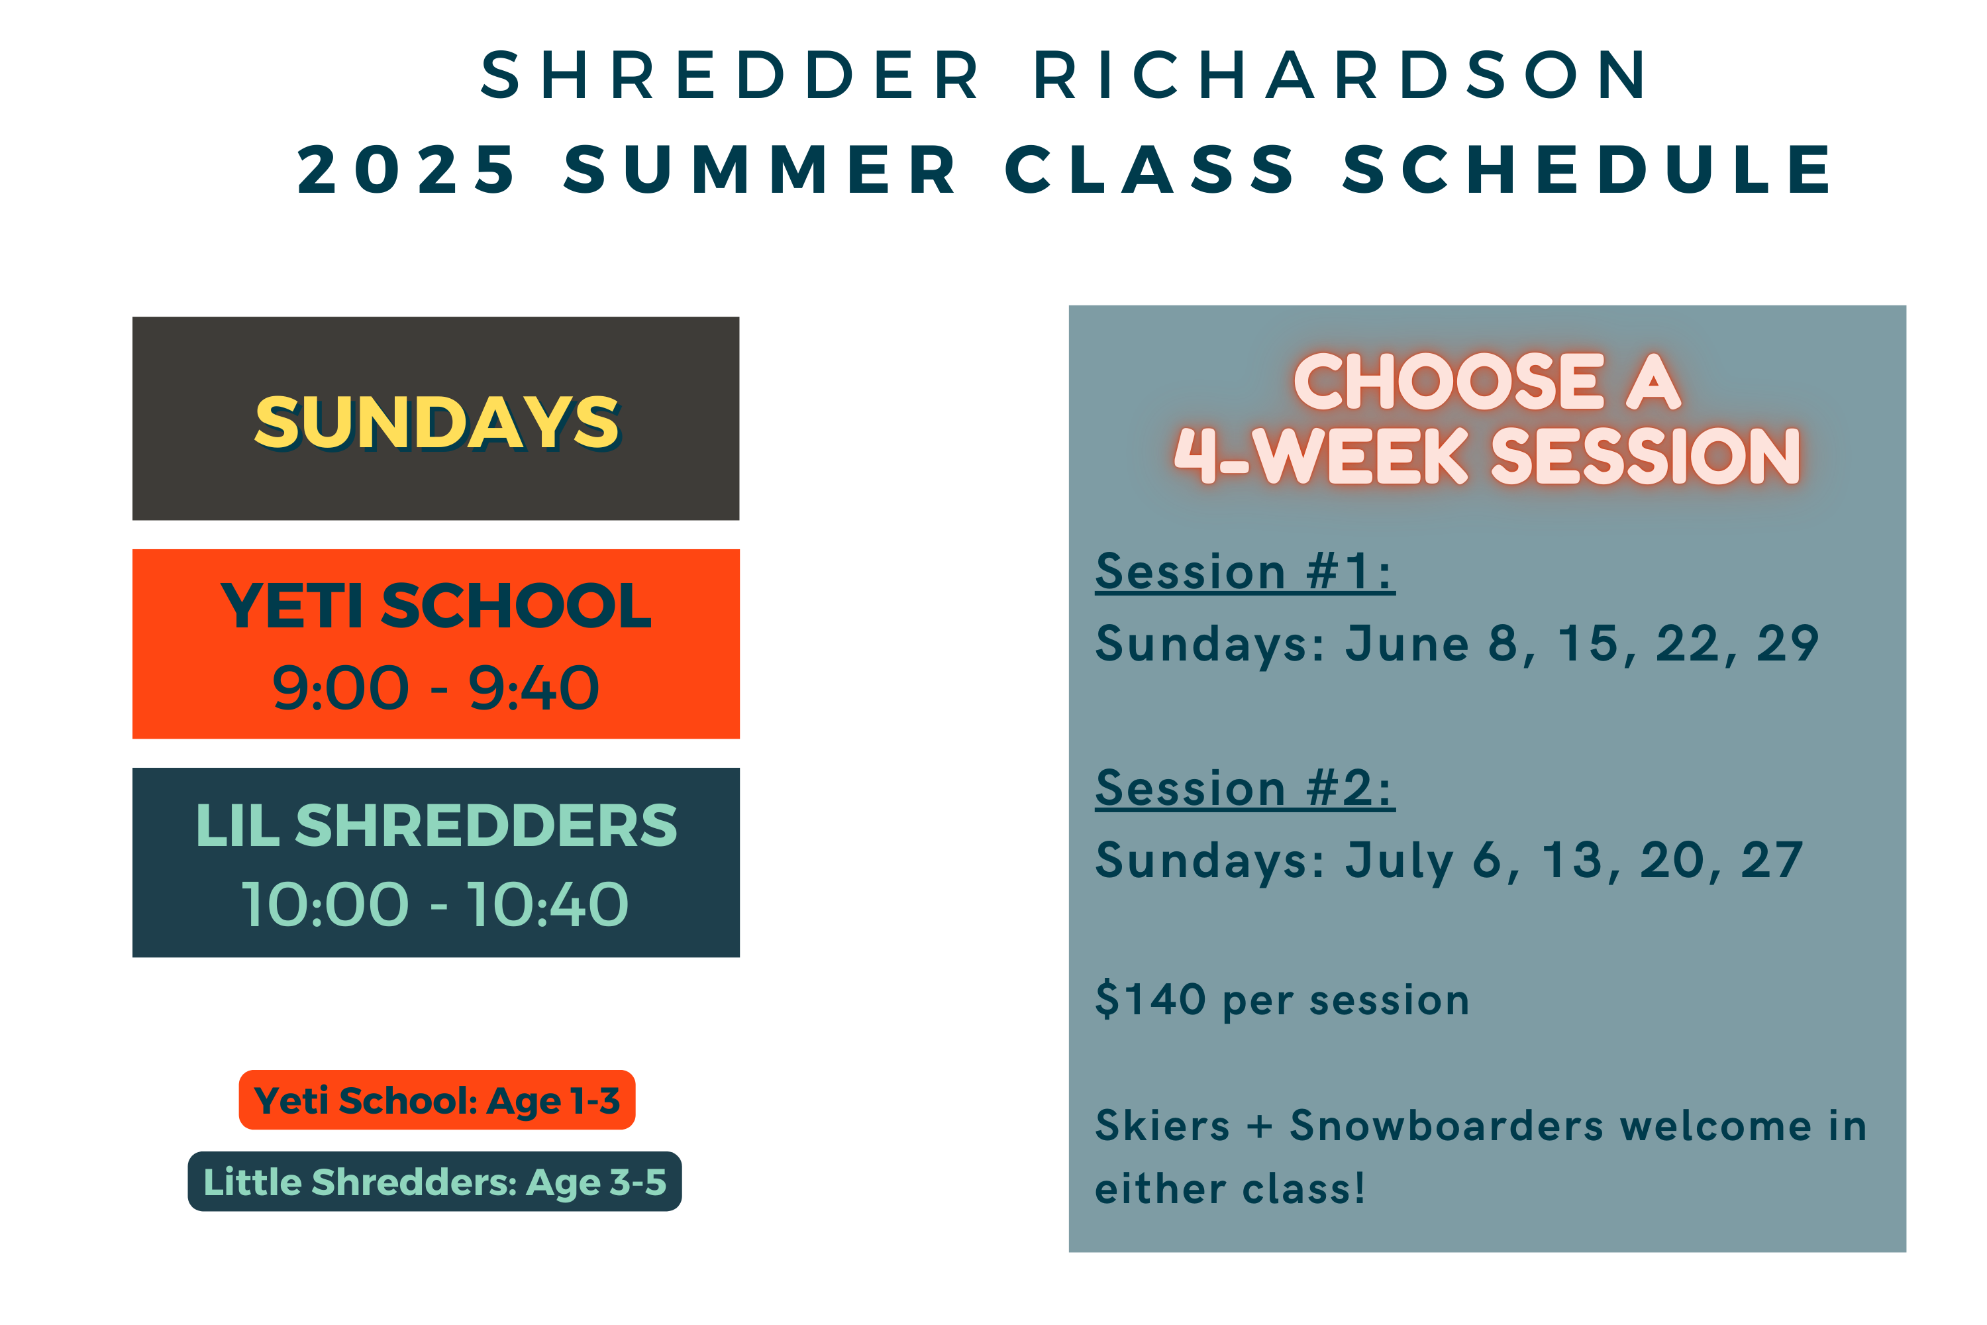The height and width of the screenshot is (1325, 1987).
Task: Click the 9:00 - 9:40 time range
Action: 436,687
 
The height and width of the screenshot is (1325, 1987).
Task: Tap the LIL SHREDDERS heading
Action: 436,825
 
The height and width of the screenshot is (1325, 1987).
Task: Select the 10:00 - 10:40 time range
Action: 436,904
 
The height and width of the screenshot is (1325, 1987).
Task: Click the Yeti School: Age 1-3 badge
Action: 436,1099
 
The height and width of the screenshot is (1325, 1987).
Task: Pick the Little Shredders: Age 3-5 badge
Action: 435,1181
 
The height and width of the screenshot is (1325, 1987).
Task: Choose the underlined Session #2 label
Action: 1245,788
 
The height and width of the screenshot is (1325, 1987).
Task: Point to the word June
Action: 1407,643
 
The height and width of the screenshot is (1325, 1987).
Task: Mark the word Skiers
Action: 1162,1126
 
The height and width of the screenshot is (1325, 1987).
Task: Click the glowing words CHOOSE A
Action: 1487,382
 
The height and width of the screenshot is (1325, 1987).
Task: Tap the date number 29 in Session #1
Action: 1788,644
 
